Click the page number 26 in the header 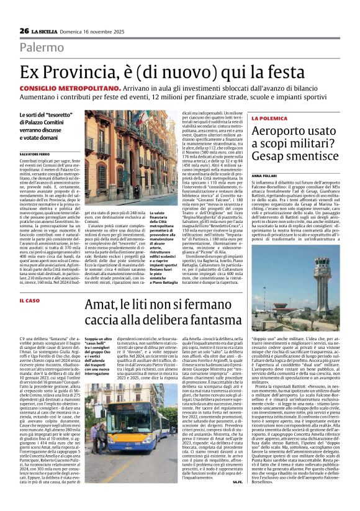(24, 31)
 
